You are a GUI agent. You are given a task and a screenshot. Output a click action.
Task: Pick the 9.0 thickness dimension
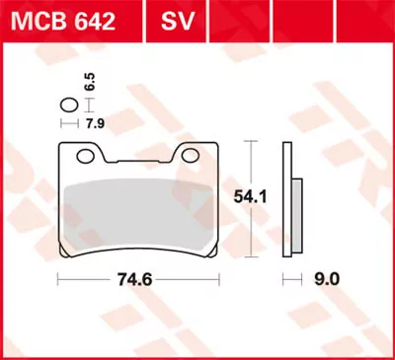point(327,279)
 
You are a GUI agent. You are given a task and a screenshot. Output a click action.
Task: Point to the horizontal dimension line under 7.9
point(68,123)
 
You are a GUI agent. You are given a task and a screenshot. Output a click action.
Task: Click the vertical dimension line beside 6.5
point(83,104)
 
